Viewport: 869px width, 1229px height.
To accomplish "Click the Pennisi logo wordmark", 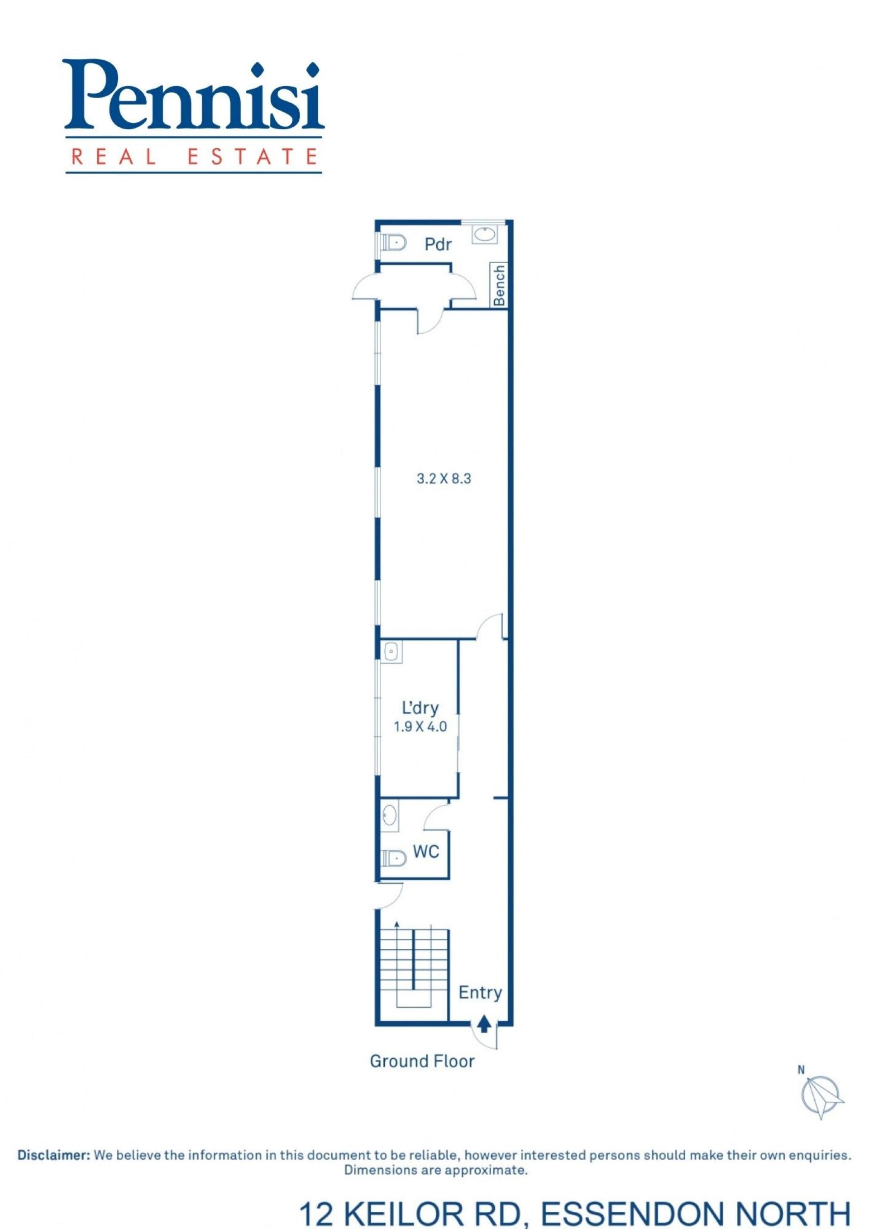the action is click(x=194, y=97).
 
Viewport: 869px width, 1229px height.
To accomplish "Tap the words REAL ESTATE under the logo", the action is click(x=193, y=156).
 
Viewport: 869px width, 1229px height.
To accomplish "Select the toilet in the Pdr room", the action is click(x=392, y=244).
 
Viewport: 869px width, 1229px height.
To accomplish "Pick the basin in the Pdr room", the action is click(x=485, y=235).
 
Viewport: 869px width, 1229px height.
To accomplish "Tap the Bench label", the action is click(x=499, y=285).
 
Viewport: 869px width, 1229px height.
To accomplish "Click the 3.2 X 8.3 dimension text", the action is click(x=444, y=478).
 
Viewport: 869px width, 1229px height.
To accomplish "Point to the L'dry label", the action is click(x=420, y=708).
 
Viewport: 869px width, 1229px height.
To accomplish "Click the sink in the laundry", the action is click(x=392, y=652).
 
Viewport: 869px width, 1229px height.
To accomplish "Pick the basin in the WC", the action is click(x=389, y=816).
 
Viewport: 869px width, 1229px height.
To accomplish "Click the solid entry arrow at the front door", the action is click(x=484, y=1023).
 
